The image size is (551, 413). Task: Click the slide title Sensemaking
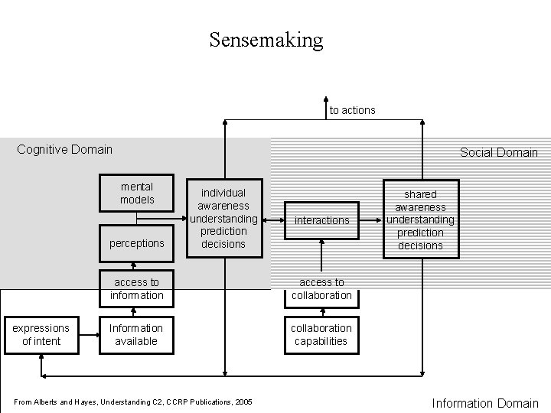pyautogui.click(x=266, y=40)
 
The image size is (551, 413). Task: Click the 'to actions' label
pyautogui.click(x=352, y=110)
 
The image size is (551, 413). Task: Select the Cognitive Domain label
pyautogui.click(x=64, y=149)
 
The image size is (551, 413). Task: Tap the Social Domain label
pyautogui.click(x=498, y=152)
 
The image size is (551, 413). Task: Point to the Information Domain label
pyautogui.click(x=485, y=403)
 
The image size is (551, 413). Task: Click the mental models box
pyautogui.click(x=136, y=193)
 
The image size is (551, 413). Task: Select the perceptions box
pyautogui.click(x=136, y=243)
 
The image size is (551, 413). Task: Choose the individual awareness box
pyautogui.click(x=223, y=218)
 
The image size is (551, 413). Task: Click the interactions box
pyautogui.click(x=321, y=220)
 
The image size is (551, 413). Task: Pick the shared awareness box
pyautogui.click(x=421, y=220)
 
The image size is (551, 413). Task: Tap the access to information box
pyautogui.click(x=136, y=288)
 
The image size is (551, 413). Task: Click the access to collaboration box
pyautogui.click(x=321, y=288)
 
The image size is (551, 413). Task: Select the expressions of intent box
pyautogui.click(x=41, y=334)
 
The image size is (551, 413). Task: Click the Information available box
pyautogui.click(x=136, y=334)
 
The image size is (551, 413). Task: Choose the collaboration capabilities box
pyautogui.click(x=321, y=334)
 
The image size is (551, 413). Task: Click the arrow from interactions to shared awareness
pyautogui.click(x=371, y=220)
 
